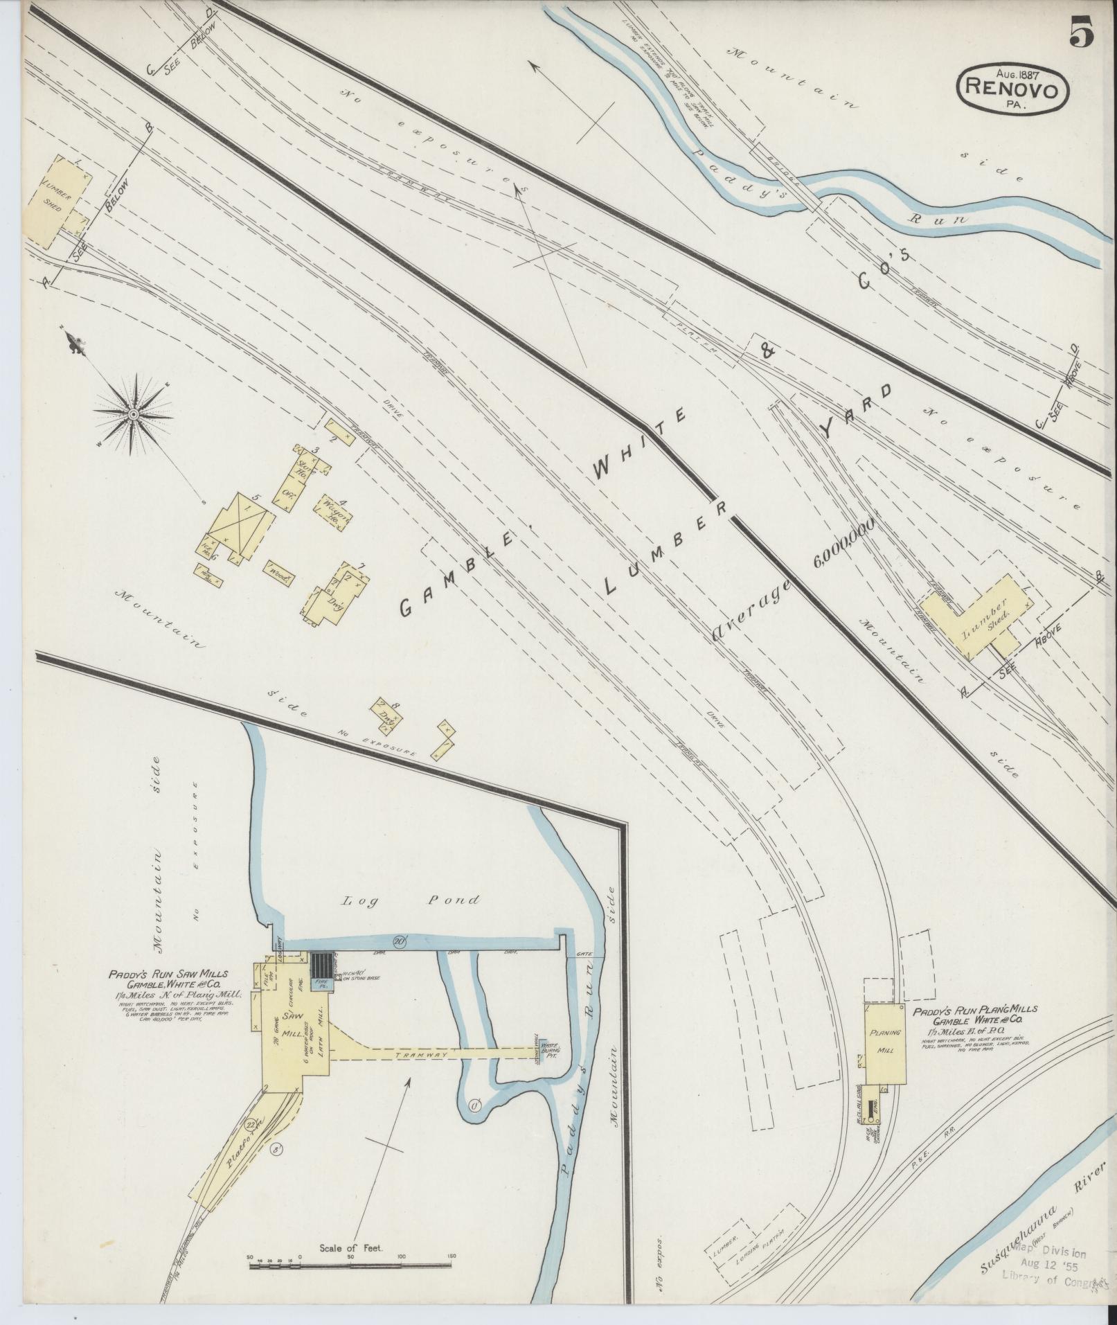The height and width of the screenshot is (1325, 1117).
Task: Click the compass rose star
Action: point(132,414)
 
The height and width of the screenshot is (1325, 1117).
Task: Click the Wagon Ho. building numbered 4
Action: point(334,512)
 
